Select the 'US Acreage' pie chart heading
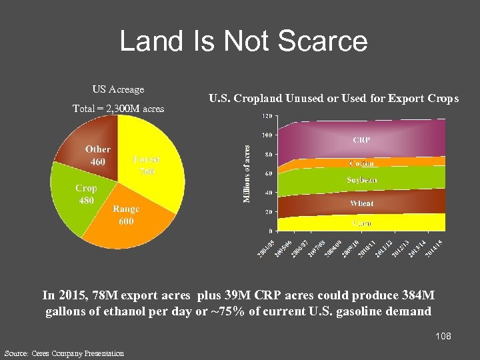point(118,89)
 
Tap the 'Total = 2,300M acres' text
point(118,108)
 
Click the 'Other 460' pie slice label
point(97,155)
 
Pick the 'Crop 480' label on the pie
point(86,194)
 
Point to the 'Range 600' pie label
point(125,215)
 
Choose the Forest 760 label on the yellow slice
point(146,165)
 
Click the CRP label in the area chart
point(361,141)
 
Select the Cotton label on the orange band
point(361,163)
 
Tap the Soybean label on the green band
point(361,180)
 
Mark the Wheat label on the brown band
point(361,203)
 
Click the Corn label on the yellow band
point(361,223)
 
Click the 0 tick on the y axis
point(269,231)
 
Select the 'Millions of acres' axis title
point(246,174)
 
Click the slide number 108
point(443,336)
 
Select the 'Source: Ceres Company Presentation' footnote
point(64,353)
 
